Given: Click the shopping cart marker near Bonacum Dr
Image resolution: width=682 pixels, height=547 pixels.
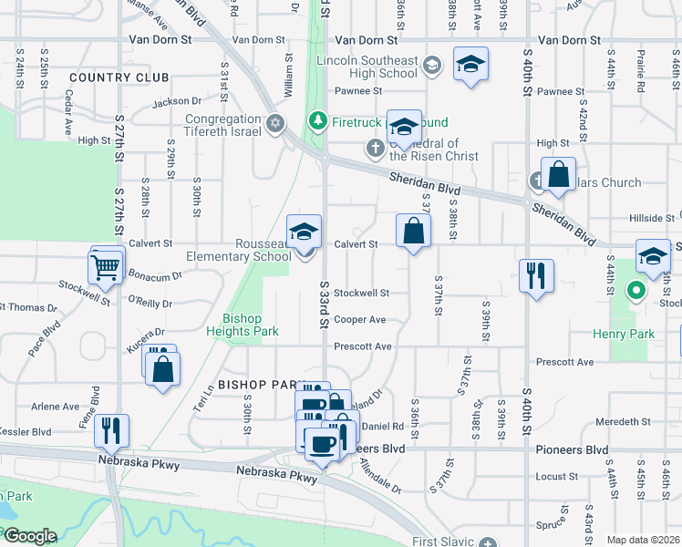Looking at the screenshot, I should tap(107, 267).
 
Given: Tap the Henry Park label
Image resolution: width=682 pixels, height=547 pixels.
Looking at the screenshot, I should tap(629, 335).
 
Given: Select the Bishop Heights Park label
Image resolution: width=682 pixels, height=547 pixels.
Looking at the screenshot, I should tap(243, 325).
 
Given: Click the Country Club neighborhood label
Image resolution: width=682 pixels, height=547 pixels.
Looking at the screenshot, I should tap(119, 77).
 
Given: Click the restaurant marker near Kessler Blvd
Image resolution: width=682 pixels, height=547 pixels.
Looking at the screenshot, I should tap(111, 430).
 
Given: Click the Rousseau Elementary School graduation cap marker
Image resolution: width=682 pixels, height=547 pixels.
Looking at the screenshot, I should tap(305, 232).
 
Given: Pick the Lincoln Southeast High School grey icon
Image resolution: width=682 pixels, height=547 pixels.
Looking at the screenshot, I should tap(432, 65).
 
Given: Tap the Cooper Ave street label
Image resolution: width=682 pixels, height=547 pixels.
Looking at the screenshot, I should tap(359, 320).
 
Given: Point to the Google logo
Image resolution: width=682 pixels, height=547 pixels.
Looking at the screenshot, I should tap(29, 536).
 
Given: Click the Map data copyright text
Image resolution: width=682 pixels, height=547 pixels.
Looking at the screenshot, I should tap(644, 540).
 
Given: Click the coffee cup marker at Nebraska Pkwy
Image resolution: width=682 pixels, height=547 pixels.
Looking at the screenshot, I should tap(321, 444).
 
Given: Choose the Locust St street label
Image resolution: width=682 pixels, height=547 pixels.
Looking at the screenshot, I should tap(553, 477).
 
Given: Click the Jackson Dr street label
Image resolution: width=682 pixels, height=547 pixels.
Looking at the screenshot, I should tap(177, 102).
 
